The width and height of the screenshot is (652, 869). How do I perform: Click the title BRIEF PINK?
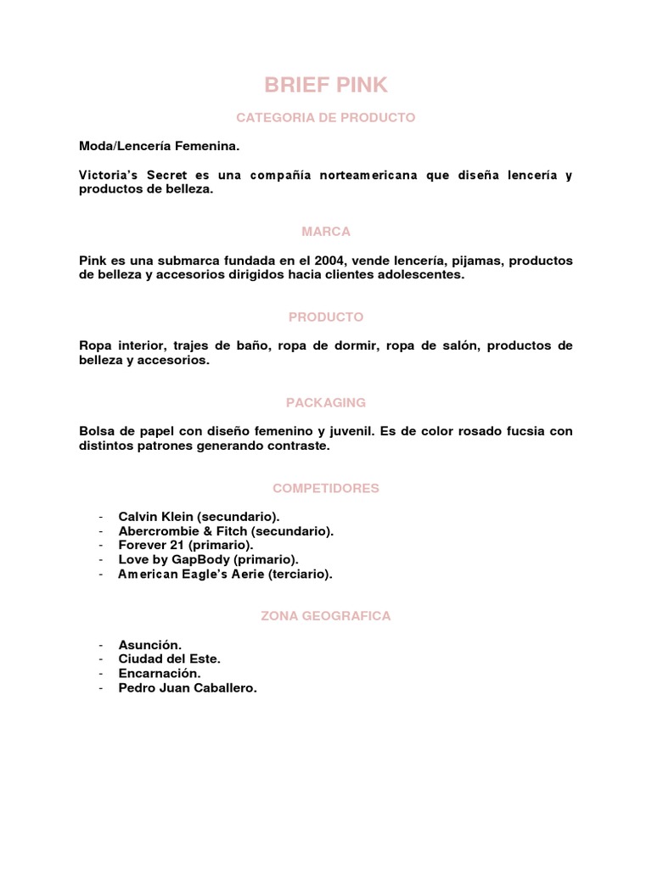(326, 85)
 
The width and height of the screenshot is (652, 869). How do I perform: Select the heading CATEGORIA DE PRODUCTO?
(326, 118)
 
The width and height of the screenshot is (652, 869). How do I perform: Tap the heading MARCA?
(326, 232)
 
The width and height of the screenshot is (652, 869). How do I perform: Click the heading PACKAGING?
(326, 402)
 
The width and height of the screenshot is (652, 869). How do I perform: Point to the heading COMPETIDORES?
(326, 488)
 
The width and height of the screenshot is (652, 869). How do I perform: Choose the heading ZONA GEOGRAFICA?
(326, 616)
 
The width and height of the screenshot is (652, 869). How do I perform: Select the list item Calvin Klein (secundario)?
(199, 516)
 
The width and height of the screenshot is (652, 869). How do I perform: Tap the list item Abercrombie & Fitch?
(226, 531)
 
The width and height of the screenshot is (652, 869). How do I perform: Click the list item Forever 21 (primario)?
(186, 545)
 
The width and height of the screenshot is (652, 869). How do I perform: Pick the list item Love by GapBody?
(208, 559)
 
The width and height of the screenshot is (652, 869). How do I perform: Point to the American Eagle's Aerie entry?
(225, 575)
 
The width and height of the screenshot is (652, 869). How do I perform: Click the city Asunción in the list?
(149, 645)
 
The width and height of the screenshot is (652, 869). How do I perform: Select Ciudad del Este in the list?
(169, 659)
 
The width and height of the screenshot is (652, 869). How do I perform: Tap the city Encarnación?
(160, 674)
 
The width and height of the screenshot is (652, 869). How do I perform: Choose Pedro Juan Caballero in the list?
(187, 688)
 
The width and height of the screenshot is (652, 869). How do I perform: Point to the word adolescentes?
(418, 275)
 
